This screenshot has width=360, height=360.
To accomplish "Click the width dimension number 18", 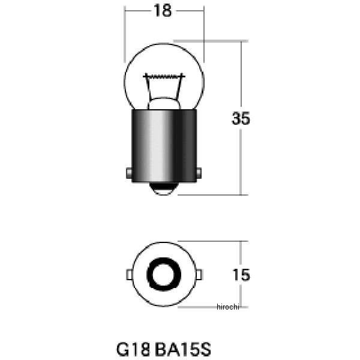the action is pos(163,11).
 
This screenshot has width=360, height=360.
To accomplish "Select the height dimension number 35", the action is pos(241,118).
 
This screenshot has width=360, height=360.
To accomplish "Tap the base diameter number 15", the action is pos(241,275).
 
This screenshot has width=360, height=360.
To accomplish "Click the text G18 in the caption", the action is pos(133,349).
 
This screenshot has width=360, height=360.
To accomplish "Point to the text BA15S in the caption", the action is pos(183,349).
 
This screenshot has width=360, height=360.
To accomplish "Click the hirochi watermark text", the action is pos(228,307).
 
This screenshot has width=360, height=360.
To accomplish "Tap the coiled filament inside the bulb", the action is pos(164,76).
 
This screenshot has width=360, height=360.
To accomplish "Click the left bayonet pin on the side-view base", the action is pos(129,173).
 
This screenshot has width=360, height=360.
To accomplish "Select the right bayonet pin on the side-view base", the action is pos(199,173).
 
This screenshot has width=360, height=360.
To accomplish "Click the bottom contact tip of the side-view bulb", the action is pos(164,189).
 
